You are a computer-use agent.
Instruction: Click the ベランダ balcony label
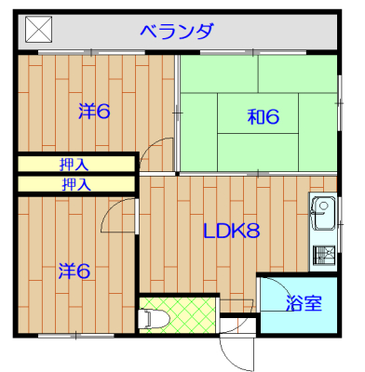[x=177, y=31]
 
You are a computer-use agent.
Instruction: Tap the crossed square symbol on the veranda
[x=38, y=30]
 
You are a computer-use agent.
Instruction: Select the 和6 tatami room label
[x=264, y=117]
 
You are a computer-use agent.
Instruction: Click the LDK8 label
[x=232, y=231]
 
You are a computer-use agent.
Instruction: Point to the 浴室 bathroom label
[x=304, y=303]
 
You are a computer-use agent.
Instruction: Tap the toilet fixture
[x=154, y=318]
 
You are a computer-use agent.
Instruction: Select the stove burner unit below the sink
[x=324, y=255]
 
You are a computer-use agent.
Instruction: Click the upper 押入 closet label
[x=74, y=165]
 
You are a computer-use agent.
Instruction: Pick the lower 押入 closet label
[x=76, y=184]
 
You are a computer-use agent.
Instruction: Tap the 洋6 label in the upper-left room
[x=94, y=112]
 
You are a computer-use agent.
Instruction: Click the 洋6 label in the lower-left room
[x=74, y=271]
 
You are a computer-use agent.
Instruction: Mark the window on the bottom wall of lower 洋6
[x=76, y=336]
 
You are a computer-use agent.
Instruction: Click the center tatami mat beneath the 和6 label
[x=258, y=113]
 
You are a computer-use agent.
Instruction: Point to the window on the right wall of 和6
[x=340, y=103]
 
